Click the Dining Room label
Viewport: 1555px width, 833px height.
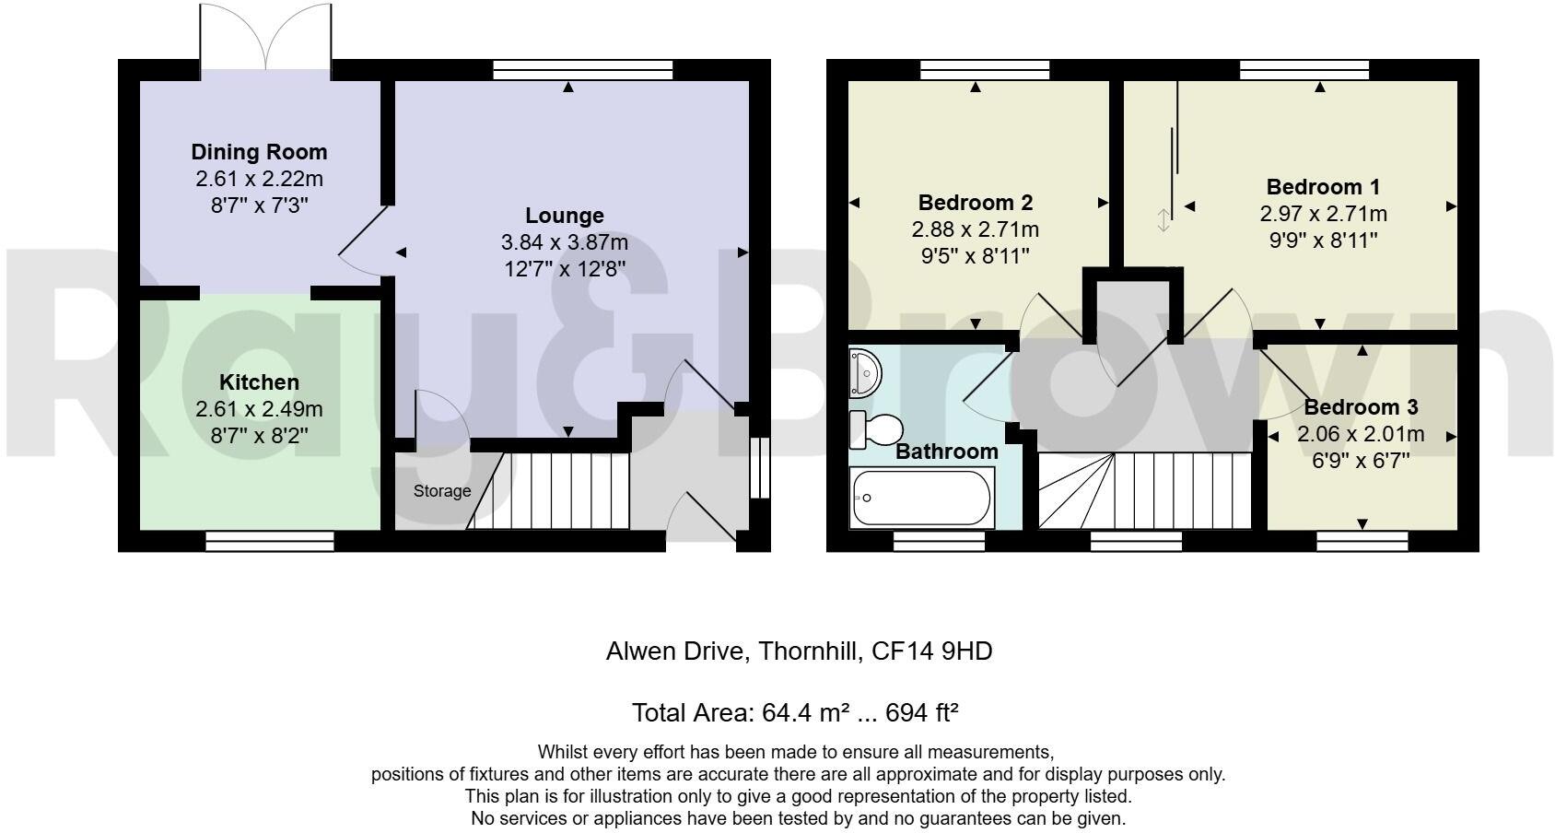[x=259, y=152]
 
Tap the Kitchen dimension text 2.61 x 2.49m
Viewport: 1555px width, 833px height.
[x=259, y=409]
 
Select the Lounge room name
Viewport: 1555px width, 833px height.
[x=564, y=216]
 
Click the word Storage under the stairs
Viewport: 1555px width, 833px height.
[x=441, y=491]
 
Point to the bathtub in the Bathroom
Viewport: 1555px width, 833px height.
[x=922, y=498]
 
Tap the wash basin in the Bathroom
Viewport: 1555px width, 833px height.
[x=865, y=370]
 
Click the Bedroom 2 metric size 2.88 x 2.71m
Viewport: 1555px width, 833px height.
[x=975, y=229]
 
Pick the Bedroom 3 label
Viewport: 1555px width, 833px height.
[x=1360, y=407]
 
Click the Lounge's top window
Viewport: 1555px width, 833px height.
[x=582, y=70]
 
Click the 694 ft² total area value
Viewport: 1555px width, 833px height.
[x=921, y=712]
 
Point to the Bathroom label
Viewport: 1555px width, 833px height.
[x=946, y=452]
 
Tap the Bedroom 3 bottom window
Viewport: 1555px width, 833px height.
[x=1362, y=541]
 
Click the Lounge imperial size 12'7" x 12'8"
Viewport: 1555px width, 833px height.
[x=564, y=269]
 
